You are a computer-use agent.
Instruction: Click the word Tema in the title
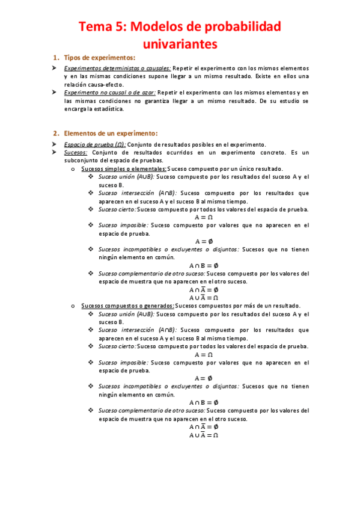point(99,27)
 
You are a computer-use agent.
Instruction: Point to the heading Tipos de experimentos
point(99,58)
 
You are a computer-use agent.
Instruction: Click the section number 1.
point(56,58)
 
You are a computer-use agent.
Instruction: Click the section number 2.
point(56,133)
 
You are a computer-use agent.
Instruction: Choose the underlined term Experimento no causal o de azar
point(110,93)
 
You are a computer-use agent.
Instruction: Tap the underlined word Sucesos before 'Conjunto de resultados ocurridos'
point(76,153)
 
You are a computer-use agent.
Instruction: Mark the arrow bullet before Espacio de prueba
point(54,144)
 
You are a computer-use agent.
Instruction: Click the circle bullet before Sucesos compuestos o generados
point(72,306)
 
